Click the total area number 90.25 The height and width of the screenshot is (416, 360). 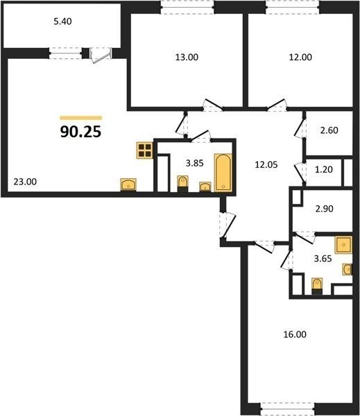click(x=80, y=132)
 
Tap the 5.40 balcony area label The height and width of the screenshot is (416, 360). click(x=62, y=21)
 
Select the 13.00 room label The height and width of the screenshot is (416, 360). click(x=187, y=58)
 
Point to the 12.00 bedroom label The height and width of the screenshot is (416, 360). click(x=300, y=58)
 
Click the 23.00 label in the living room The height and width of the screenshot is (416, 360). click(x=25, y=182)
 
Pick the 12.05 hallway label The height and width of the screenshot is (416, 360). click(x=266, y=165)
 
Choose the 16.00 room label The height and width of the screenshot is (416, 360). click(x=295, y=334)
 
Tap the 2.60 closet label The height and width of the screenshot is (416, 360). click(x=329, y=130)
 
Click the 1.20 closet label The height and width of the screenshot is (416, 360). click(x=324, y=169)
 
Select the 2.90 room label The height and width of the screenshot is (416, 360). click(x=324, y=209)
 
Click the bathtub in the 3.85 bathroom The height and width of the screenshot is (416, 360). click(x=223, y=173)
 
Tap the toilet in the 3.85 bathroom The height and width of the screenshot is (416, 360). click(x=182, y=184)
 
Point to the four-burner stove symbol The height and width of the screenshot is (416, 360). click(x=145, y=150)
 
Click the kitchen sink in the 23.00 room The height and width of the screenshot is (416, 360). click(x=128, y=184)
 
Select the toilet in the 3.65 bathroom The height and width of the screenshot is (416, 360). click(x=317, y=286)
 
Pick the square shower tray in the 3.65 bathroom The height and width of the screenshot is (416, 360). click(x=343, y=245)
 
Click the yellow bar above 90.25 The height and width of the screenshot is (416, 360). click(x=81, y=118)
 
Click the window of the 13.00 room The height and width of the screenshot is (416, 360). click(x=187, y=7)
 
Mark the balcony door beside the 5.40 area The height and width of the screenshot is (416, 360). click(x=101, y=55)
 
